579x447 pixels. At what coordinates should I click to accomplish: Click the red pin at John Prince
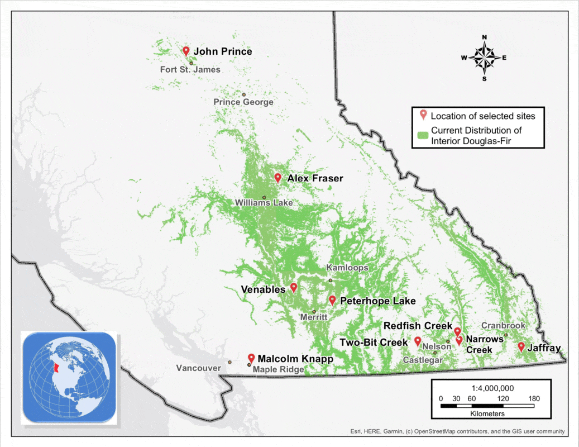(x=186, y=51)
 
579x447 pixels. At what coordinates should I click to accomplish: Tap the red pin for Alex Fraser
(x=277, y=178)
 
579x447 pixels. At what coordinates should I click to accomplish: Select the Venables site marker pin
(x=294, y=287)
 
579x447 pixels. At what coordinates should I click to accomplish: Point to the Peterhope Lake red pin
(x=332, y=300)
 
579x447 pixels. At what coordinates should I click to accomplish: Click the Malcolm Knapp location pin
(x=251, y=358)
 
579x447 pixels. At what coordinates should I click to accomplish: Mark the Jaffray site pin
(x=521, y=346)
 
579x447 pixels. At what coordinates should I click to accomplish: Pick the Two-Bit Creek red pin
(x=418, y=341)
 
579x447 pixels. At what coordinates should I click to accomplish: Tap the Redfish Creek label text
(x=418, y=326)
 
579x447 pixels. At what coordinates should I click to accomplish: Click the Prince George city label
(x=243, y=102)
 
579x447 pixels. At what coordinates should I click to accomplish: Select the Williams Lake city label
(x=264, y=203)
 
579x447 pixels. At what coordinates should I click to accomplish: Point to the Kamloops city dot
(x=330, y=280)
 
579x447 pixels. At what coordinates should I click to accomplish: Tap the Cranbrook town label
(x=503, y=326)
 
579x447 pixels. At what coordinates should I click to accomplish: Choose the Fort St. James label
(x=190, y=70)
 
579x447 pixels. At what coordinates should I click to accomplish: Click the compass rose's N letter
(x=484, y=37)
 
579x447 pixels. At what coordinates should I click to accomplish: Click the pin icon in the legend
(x=423, y=116)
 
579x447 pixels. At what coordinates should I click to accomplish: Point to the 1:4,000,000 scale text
(x=491, y=388)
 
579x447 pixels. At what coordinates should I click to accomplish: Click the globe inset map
(x=68, y=376)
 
